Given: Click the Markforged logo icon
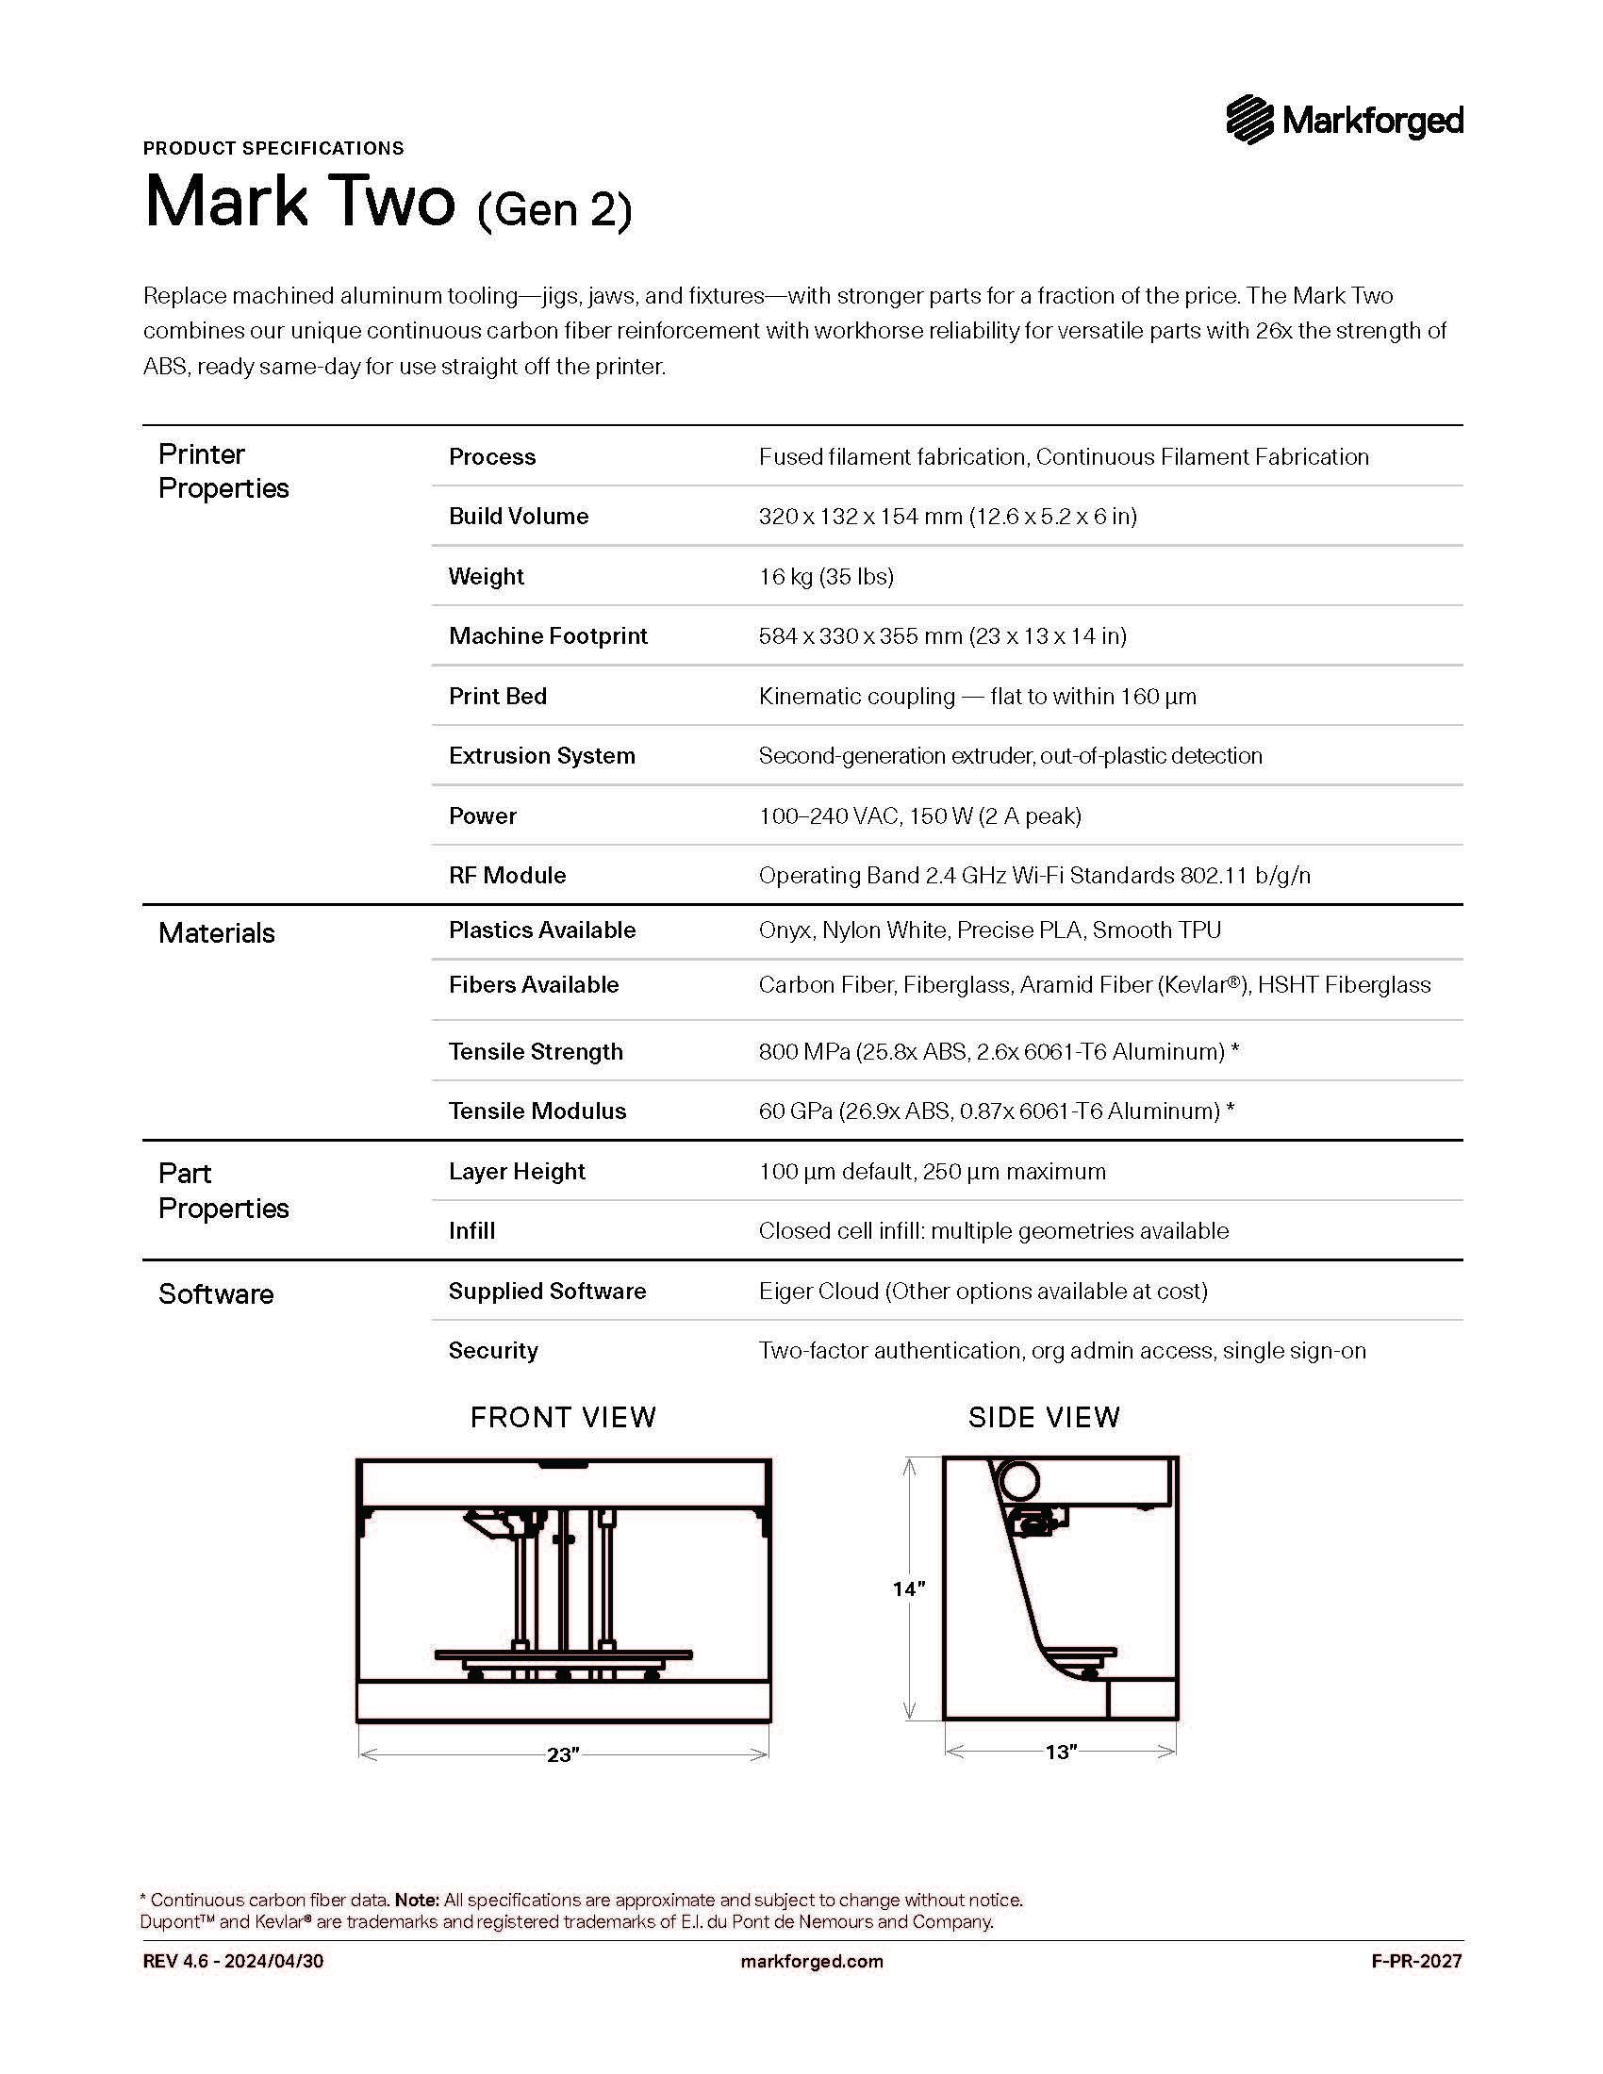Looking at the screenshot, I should (x=1248, y=120).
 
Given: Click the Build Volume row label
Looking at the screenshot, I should (x=519, y=516).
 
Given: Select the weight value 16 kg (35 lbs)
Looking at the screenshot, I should (x=825, y=576).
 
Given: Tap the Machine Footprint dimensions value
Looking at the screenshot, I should (x=942, y=635).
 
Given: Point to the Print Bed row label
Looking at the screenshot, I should (x=498, y=696).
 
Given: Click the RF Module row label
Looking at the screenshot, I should (x=507, y=875).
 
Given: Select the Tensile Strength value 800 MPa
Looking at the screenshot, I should (x=998, y=1051).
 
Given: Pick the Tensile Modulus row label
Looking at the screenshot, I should (x=537, y=1111).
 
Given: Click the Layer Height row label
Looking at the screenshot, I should (x=517, y=1171).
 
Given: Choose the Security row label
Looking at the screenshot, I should (x=493, y=1350).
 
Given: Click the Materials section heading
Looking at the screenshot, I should (x=217, y=932).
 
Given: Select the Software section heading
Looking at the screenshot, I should (x=216, y=1293).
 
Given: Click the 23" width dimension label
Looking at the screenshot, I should (x=562, y=1755).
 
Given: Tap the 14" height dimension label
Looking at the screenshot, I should (x=908, y=1588).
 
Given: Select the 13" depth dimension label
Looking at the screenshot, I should (x=1061, y=1753).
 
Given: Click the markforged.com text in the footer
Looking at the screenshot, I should (x=811, y=1961).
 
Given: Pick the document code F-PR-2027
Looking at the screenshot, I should (x=1416, y=1961).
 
